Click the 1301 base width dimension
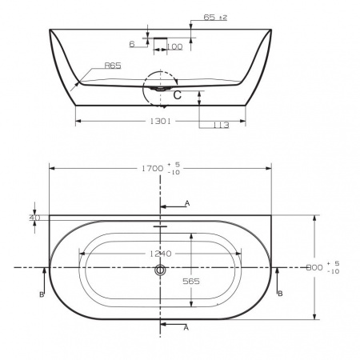(x=160, y=122)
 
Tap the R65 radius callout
(x=113, y=66)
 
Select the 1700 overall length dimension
(x=152, y=168)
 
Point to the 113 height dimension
(x=221, y=125)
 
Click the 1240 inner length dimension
(x=160, y=254)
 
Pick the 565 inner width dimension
(x=191, y=282)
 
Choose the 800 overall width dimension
(x=314, y=267)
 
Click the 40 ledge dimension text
(x=34, y=218)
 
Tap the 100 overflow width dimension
(x=174, y=47)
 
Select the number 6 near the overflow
(x=132, y=44)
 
